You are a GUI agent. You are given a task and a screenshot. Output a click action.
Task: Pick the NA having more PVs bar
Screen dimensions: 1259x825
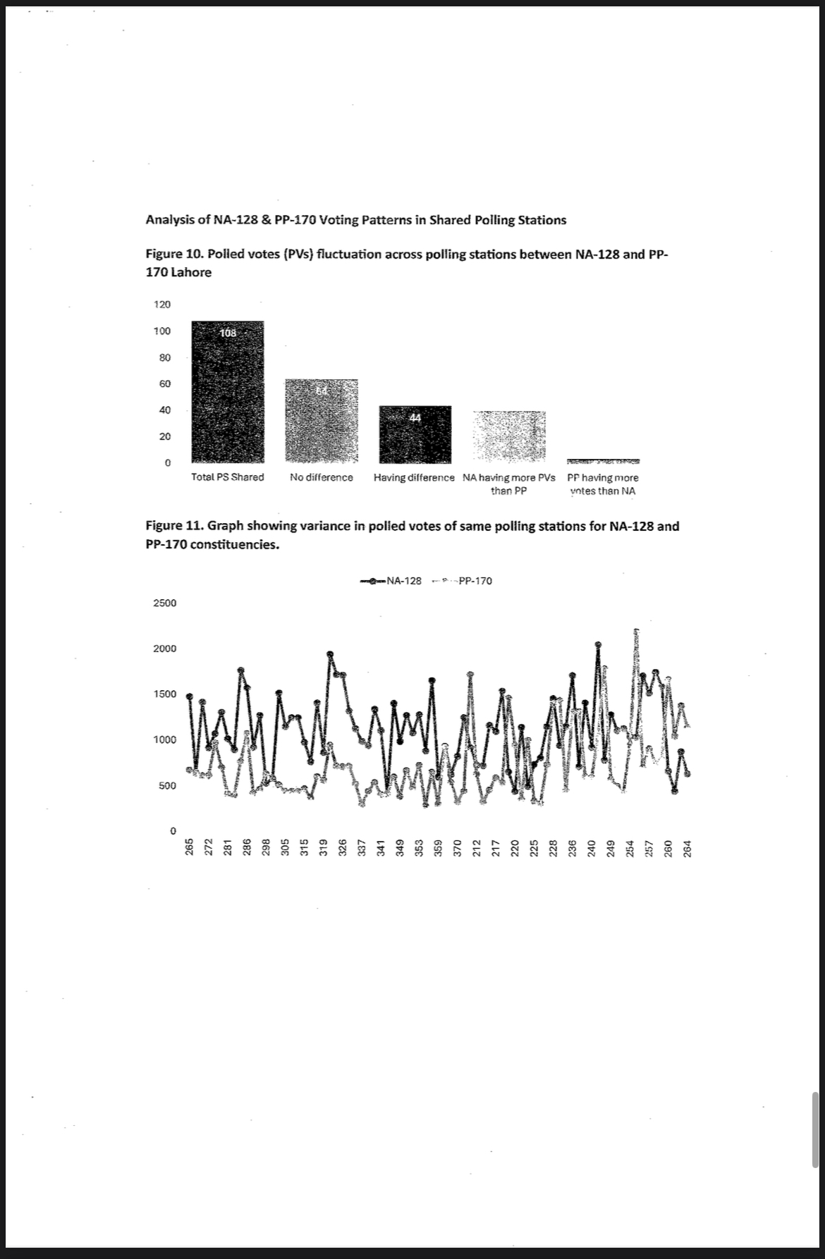click(509, 436)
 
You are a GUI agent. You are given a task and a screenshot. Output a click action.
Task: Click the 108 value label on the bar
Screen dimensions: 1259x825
click(228, 333)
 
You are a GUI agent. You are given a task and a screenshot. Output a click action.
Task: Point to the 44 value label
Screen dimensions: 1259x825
click(415, 418)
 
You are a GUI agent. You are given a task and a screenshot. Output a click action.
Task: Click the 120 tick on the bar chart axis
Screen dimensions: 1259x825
click(162, 305)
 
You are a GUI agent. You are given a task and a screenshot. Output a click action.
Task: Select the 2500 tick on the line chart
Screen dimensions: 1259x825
click(165, 603)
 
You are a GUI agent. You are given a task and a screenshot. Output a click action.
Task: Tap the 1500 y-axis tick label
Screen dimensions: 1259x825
click(165, 694)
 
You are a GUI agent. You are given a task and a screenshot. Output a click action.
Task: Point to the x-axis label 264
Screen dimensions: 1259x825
click(689, 847)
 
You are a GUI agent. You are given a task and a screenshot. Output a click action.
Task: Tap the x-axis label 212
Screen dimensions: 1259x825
click(476, 847)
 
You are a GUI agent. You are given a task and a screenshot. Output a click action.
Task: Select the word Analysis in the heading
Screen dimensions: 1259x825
click(171, 220)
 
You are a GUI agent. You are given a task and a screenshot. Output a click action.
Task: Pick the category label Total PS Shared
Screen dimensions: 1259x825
click(228, 477)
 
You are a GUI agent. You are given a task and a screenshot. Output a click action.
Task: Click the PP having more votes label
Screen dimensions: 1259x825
click(603, 484)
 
